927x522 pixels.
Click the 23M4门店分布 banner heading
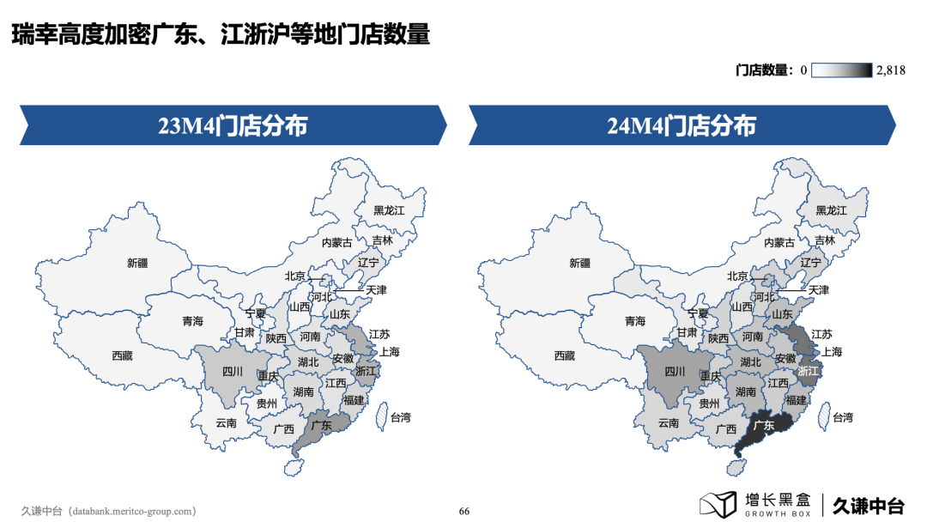(232, 126)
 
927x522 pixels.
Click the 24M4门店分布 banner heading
(682, 126)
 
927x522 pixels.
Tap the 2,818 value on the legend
(891, 70)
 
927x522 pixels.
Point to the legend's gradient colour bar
(842, 70)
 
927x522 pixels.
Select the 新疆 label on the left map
(137, 263)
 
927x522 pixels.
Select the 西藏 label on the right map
(564, 355)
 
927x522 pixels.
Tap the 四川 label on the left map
(233, 372)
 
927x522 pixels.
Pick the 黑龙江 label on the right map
(831, 209)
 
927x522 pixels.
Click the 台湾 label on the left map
(400, 418)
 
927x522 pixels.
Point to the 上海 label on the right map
(832, 351)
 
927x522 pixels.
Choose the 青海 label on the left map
(192, 321)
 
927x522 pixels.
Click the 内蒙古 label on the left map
(337, 243)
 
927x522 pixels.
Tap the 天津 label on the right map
(818, 290)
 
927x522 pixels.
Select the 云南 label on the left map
(226, 422)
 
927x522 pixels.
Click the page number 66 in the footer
(464, 511)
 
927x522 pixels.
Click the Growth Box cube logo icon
(718, 505)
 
